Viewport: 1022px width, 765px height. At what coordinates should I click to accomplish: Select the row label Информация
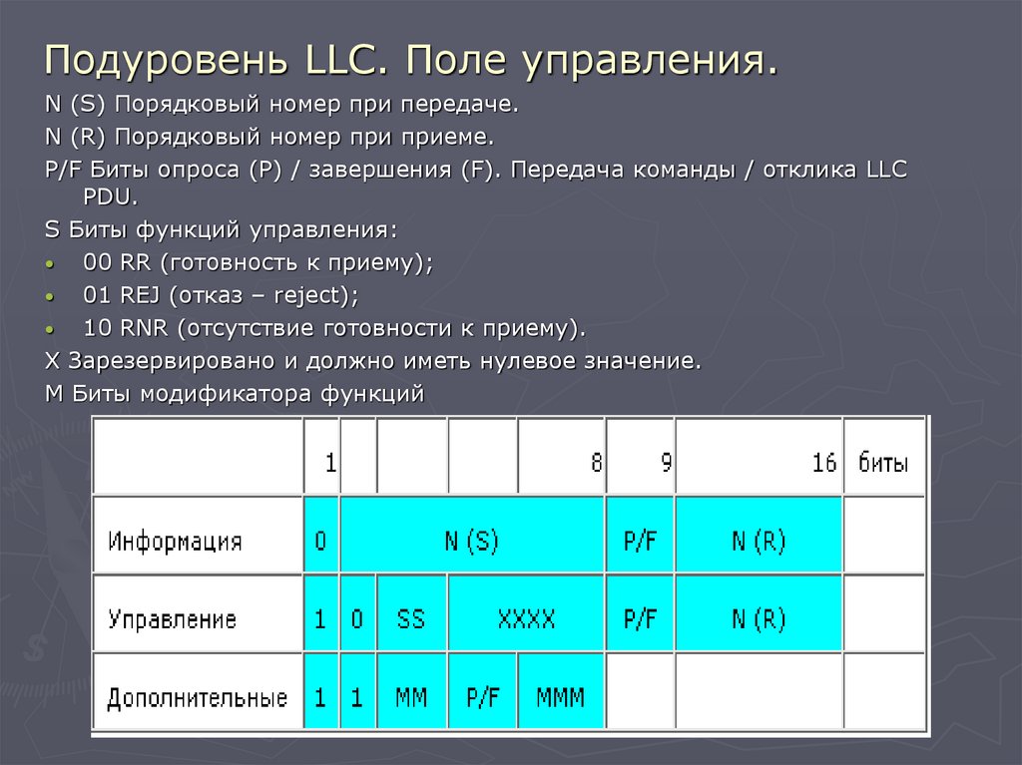pos(175,542)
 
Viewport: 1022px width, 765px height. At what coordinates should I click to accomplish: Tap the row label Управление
pos(172,619)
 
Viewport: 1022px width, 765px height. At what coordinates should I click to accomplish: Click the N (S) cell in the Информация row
pos(471,542)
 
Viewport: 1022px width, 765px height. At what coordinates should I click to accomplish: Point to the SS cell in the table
pos(410,619)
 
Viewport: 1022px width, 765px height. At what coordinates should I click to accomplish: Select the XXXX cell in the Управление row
pos(526,619)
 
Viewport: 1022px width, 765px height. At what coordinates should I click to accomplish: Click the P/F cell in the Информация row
pos(640,542)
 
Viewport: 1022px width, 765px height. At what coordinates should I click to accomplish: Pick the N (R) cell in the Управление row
pos(758,619)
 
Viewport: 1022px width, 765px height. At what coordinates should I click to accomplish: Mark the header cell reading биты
pos(883,463)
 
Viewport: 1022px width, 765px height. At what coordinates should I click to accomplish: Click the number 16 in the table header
pos(823,463)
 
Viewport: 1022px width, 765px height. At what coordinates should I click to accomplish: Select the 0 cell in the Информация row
pos(320,542)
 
